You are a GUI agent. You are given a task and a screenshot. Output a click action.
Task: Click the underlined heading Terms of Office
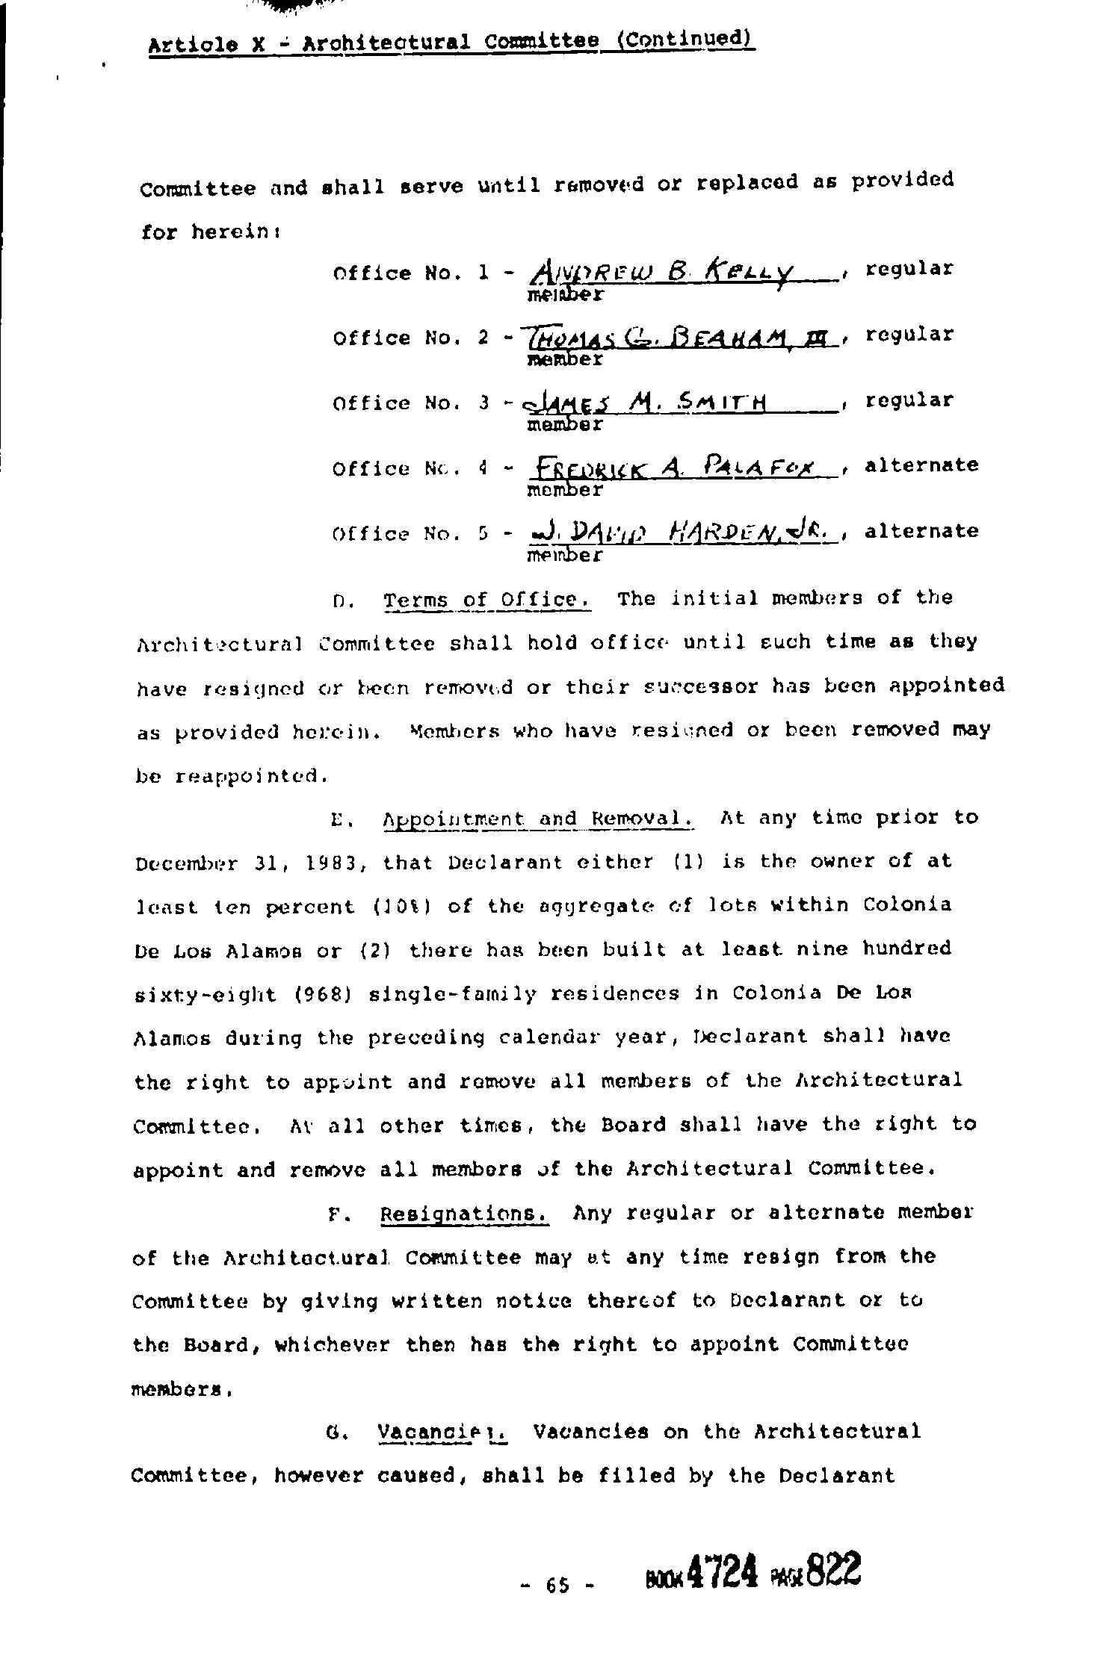(x=487, y=600)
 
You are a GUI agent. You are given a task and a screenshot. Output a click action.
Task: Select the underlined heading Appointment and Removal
(x=538, y=819)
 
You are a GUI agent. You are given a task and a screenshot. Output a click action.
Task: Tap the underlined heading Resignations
(x=465, y=1214)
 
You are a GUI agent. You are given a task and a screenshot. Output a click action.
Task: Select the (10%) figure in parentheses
(x=409, y=907)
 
